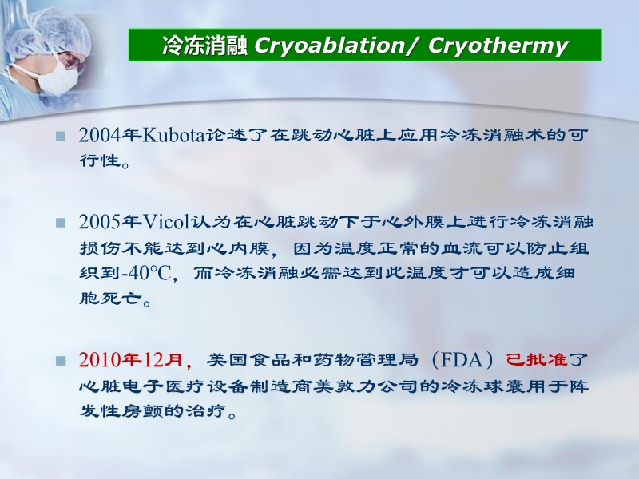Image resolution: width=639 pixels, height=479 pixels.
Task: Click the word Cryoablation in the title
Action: point(334,46)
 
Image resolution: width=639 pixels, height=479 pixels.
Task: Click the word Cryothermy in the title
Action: point(498,46)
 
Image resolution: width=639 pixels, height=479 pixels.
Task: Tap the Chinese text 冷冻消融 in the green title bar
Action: point(204,46)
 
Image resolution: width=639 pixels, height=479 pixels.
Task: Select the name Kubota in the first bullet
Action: point(173,135)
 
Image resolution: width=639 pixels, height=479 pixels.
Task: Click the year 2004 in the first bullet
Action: point(97,135)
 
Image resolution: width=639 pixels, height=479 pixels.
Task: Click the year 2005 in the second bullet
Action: point(97,221)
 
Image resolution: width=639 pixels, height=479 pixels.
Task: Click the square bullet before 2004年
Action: point(60,136)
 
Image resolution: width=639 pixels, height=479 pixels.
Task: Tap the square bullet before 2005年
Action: point(60,222)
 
